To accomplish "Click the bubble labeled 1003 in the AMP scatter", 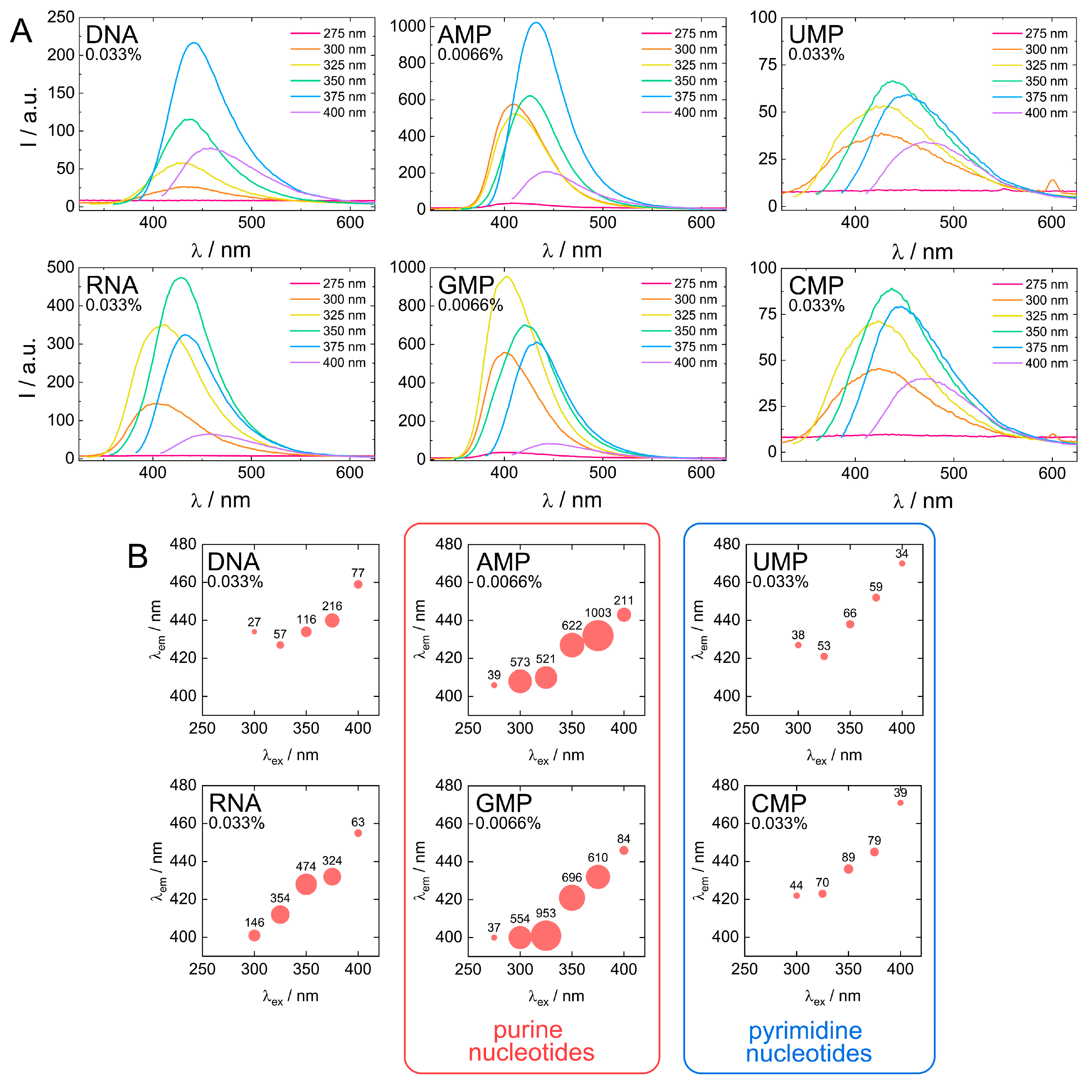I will pyautogui.click(x=597, y=636).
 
